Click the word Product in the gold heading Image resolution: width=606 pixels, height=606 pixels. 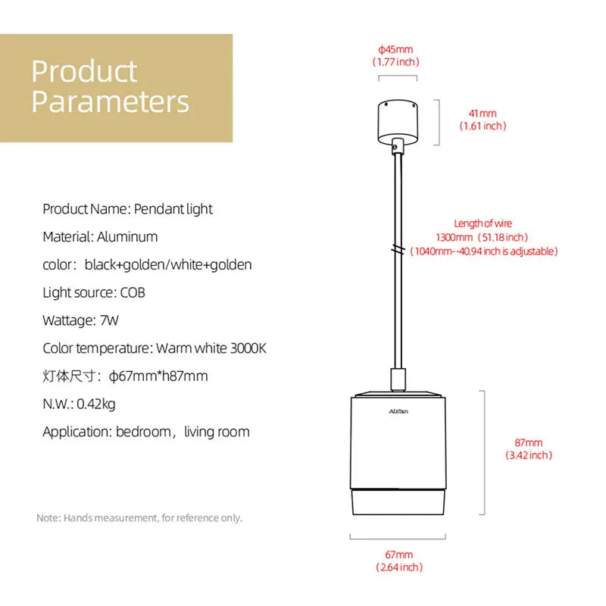point(84,71)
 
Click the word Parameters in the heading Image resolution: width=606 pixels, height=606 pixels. point(111,101)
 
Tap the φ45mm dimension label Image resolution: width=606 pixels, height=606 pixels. point(395,50)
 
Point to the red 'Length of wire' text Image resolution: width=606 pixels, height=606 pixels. point(483,223)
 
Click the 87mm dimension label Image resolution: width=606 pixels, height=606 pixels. point(529,442)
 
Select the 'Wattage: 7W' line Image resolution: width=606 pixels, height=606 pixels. point(81,320)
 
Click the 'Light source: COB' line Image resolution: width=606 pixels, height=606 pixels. point(94,292)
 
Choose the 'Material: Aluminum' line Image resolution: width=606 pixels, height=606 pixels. point(100,236)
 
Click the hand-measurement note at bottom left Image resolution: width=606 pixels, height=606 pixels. point(139,518)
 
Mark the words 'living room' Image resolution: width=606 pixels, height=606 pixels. point(217,432)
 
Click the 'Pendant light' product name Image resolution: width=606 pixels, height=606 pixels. point(173,208)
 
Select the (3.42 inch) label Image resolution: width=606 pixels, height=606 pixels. point(529,455)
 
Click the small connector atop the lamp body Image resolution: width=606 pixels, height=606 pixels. point(397,379)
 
